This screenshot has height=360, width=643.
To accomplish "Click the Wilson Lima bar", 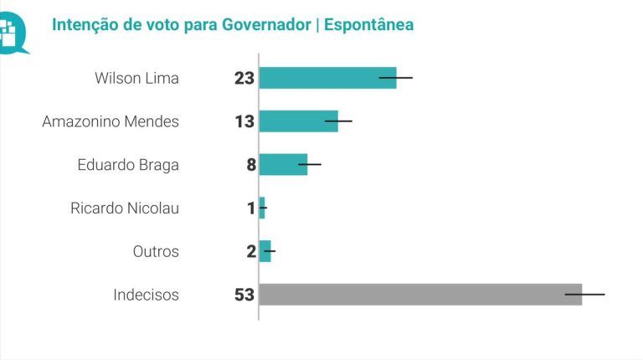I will pos(327,78).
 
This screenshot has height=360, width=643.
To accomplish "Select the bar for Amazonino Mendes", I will pos(298,121).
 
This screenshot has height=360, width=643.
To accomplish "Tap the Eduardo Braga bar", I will pos(283,164).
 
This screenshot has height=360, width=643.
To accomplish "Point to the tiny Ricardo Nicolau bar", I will pos(262,208).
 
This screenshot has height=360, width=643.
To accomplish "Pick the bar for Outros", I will pos(265,251).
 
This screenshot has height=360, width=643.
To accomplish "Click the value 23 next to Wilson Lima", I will pos(244,79).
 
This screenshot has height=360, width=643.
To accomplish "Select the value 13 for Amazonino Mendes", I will pos(244,122).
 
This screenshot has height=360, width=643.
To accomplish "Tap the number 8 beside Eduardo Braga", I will pos(250,165).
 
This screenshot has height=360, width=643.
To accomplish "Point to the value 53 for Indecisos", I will pos(244,296).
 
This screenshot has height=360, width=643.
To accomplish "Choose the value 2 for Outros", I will pos(250,252).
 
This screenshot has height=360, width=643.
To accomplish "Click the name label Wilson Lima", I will pos(137,79).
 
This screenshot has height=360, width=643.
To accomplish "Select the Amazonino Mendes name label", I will pos(111,122).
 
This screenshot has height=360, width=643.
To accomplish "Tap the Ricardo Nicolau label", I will pos(125,208).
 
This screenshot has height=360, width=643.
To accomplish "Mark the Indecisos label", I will pos(146,295).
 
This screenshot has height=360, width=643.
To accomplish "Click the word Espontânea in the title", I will pos(368,25).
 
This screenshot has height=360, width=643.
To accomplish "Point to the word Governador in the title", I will pos(266,25).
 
